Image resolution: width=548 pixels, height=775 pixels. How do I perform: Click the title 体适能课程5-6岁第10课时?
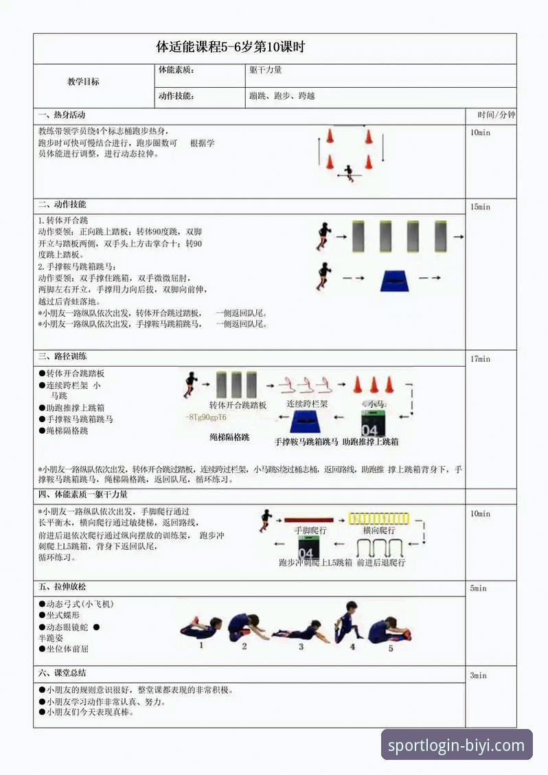pyautogui.click(x=230, y=47)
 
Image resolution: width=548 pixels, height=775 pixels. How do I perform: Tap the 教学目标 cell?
pyautogui.click(x=83, y=82)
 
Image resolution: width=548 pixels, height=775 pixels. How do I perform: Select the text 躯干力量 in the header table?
pyautogui.click(x=266, y=70)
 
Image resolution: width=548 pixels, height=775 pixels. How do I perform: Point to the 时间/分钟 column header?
pyautogui.click(x=490, y=115)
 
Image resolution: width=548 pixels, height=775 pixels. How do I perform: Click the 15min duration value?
pyautogui.click(x=480, y=207)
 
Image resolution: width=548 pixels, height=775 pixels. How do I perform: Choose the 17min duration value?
pyautogui.click(x=480, y=359)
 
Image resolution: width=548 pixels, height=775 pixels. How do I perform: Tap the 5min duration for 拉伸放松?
pyautogui.click(x=478, y=588)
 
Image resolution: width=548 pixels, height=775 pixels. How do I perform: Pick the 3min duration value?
pyautogui.click(x=478, y=675)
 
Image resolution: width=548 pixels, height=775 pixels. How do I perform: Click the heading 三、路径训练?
pyautogui.click(x=62, y=357)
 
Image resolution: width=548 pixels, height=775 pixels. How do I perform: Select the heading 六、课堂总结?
pyautogui.click(x=62, y=673)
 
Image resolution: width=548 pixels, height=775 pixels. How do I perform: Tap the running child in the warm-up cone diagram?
pyautogui.click(x=350, y=172)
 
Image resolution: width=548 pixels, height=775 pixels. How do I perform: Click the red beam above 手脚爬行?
pyautogui.click(x=308, y=520)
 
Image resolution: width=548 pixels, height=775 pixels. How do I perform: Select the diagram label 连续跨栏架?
pyautogui.click(x=307, y=404)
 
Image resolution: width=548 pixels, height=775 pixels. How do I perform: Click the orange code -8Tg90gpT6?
pyautogui.click(x=206, y=417)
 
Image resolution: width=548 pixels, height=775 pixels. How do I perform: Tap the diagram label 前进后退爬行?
pyautogui.click(x=381, y=563)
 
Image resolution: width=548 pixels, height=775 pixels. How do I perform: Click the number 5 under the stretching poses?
pyautogui.click(x=391, y=647)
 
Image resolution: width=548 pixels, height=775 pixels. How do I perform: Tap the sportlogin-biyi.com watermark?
pyautogui.click(x=457, y=745)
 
